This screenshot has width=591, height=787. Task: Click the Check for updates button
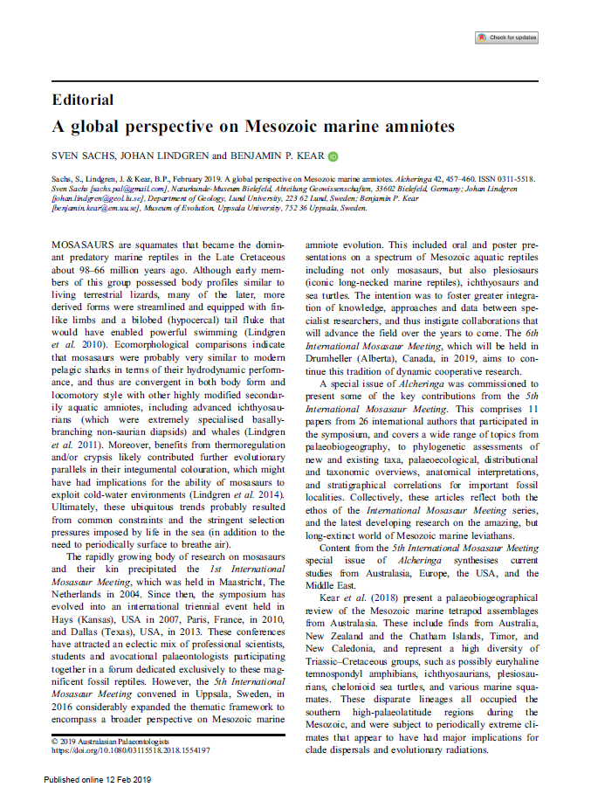click(x=506, y=38)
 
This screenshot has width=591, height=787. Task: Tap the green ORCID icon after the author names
click(x=333, y=157)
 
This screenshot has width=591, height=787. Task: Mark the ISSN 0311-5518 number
click(x=512, y=178)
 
